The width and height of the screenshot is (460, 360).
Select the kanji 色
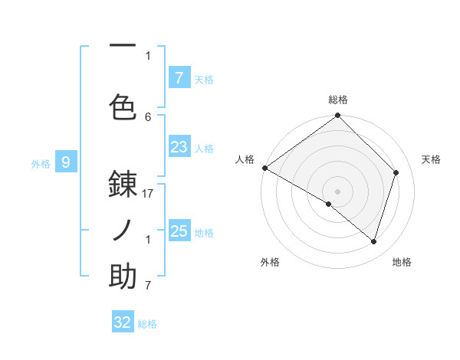coord(123,107)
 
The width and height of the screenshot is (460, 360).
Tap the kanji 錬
coord(123,185)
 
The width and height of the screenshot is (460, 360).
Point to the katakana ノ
coord(123,231)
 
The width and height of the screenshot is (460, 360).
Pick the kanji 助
coord(123,277)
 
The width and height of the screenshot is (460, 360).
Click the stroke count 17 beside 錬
coord(148,195)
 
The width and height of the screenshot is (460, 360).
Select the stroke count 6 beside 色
coord(148,116)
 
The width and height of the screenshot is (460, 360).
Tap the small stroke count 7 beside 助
coord(148,286)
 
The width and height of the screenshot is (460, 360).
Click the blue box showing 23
coord(179,147)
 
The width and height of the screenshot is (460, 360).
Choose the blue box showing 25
coord(179,231)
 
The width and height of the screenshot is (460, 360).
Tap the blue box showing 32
coord(123,322)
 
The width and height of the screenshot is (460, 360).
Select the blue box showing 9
coord(66,162)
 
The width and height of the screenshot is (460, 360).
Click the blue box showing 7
coord(179,78)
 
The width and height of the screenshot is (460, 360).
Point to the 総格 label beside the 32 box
coord(147,324)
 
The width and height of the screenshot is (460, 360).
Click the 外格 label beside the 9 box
coord(41,163)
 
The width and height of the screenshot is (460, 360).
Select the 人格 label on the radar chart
coord(245,159)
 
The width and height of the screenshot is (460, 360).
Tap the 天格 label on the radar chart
coord(431,159)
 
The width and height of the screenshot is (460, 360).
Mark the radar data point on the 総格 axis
coord(337,116)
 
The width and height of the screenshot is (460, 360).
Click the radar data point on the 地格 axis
coord(374,241)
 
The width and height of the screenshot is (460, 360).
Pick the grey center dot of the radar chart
coord(337,191)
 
